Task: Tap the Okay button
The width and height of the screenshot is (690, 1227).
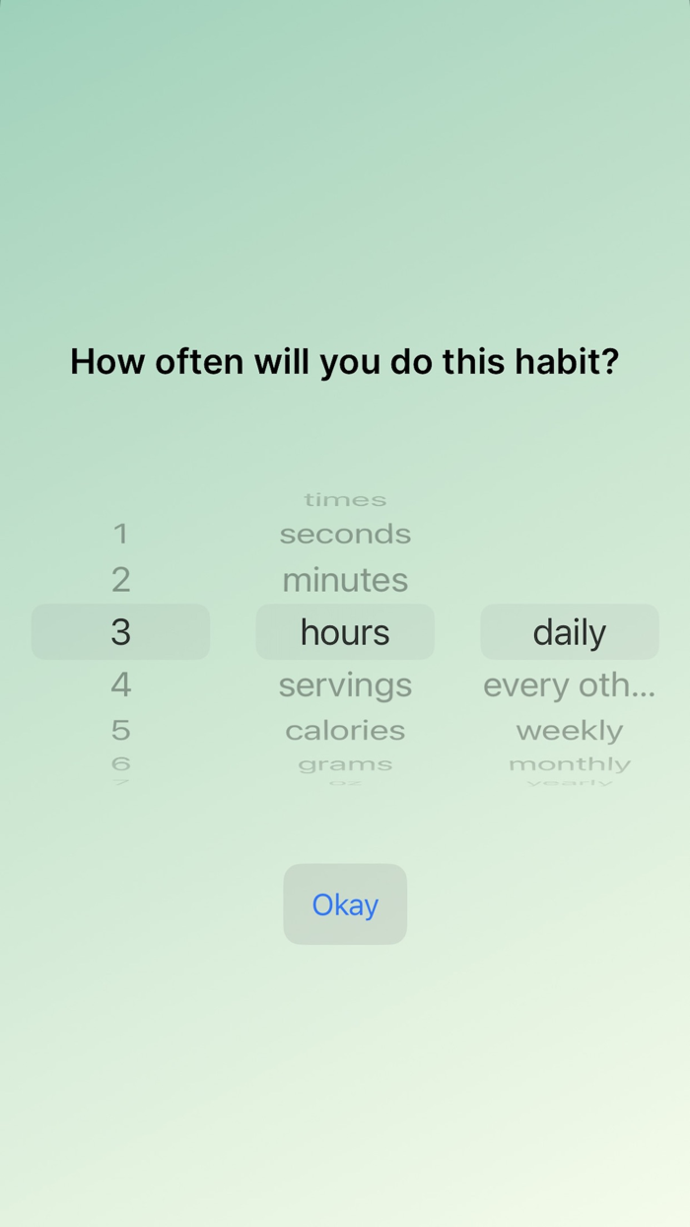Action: [x=345, y=904]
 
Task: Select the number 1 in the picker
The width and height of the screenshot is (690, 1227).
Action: [x=120, y=534]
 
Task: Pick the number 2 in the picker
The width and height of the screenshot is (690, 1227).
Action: [x=120, y=580]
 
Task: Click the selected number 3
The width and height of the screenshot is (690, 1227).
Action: [x=120, y=632]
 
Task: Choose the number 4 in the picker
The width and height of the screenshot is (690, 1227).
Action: [x=120, y=685]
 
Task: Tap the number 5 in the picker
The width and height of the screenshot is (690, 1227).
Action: [x=120, y=731]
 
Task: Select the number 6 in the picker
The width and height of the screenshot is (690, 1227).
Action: [x=120, y=764]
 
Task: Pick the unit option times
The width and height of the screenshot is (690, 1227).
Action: [x=345, y=500]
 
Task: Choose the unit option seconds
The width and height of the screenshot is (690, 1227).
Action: [x=345, y=534]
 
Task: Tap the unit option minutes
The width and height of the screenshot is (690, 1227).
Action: [x=345, y=580]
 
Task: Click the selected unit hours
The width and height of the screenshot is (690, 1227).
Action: [x=345, y=632]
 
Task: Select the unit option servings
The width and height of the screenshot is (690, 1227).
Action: [x=345, y=685]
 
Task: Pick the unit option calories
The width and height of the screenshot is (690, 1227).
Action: [x=345, y=731]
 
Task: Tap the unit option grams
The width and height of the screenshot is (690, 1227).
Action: [x=345, y=764]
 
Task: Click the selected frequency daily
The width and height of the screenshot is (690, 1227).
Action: [x=569, y=632]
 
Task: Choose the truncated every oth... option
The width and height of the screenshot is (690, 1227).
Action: [x=569, y=685]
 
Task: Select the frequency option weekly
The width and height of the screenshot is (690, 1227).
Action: [x=569, y=731]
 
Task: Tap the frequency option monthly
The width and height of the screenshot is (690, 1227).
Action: [x=569, y=764]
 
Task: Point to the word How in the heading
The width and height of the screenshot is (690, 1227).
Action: [x=107, y=361]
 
